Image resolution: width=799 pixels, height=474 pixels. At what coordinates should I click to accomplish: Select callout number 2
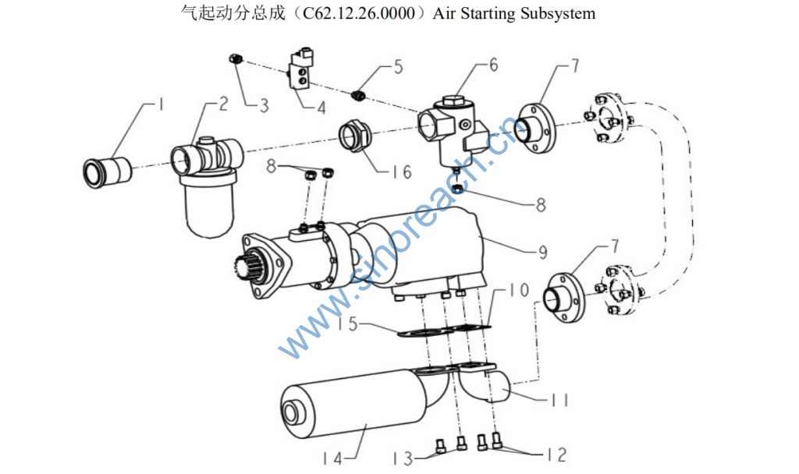[222, 104]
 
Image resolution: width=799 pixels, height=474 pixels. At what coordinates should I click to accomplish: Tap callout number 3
[265, 105]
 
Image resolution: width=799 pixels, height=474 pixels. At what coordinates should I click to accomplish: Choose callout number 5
[398, 67]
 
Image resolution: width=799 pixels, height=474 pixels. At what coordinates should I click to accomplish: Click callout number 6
[492, 65]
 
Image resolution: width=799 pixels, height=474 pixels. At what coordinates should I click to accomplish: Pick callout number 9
[541, 252]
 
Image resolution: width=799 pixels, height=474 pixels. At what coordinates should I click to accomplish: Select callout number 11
[559, 401]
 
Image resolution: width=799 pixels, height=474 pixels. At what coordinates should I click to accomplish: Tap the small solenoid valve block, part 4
[300, 73]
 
